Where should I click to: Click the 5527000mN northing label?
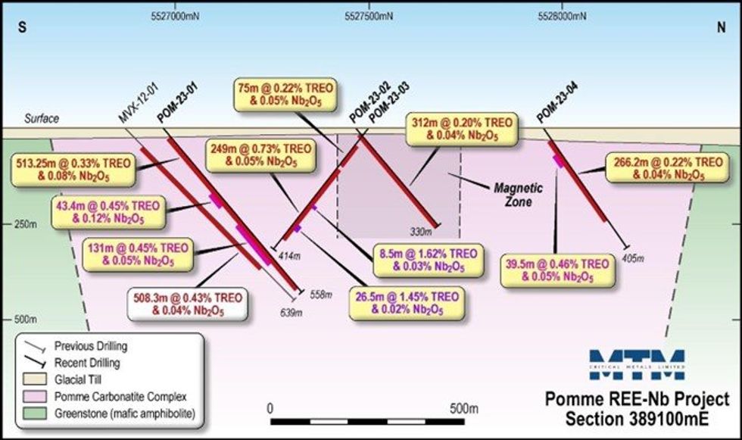pyautogui.click(x=177, y=14)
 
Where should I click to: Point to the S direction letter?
pyautogui.click(x=23, y=28)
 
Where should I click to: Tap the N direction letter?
pyautogui.click(x=722, y=28)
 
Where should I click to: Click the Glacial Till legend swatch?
pyautogui.click(x=36, y=380)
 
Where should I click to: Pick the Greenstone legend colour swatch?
pyautogui.click(x=36, y=414)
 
